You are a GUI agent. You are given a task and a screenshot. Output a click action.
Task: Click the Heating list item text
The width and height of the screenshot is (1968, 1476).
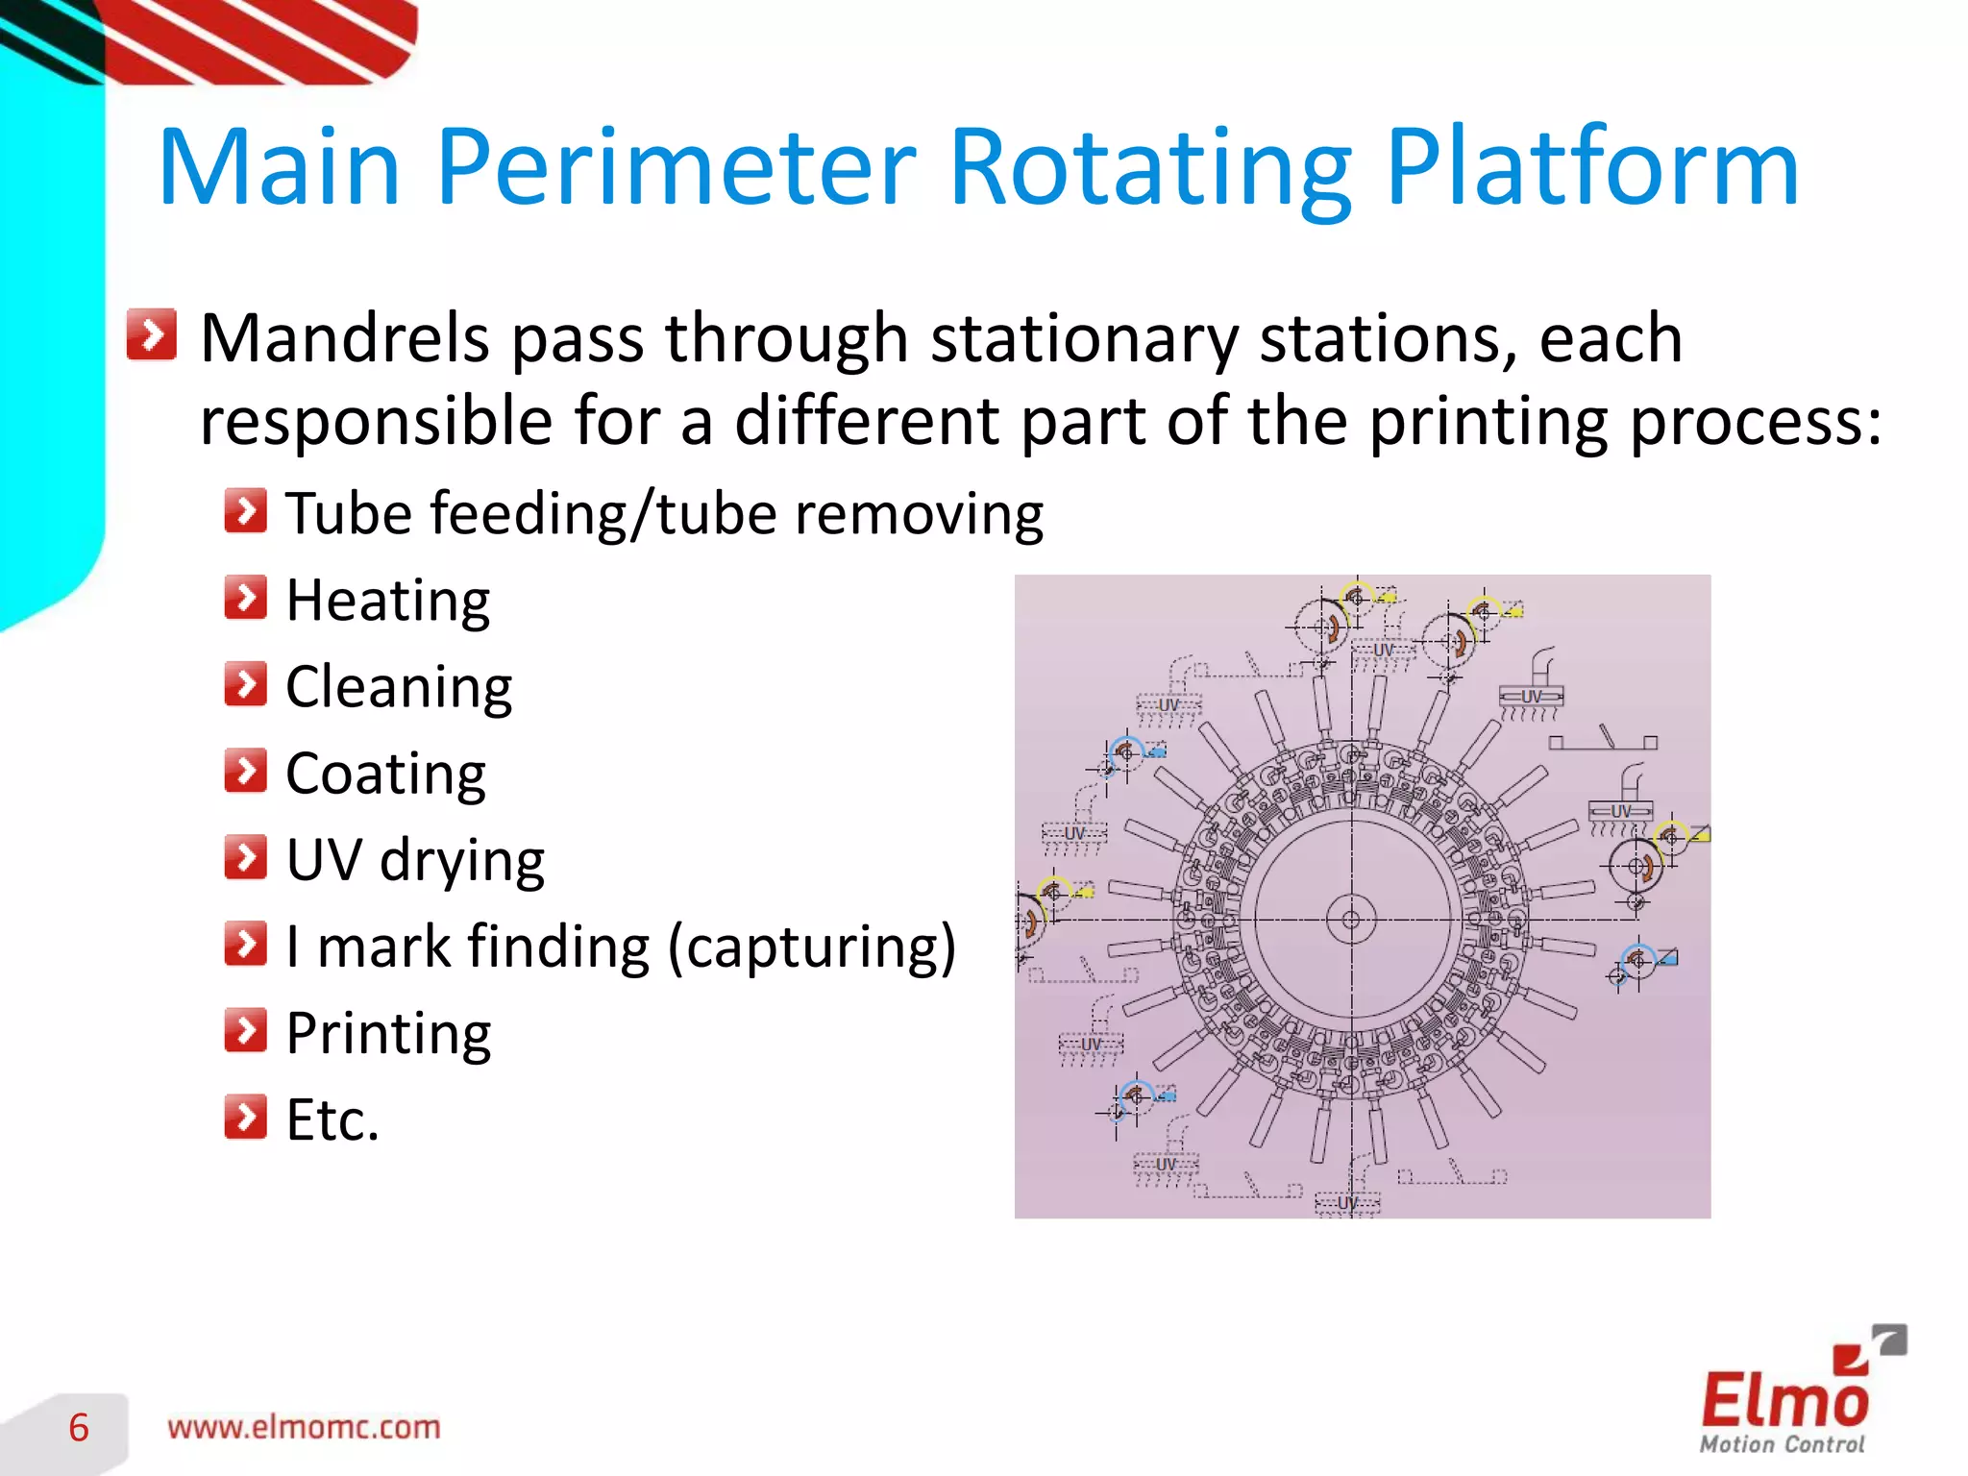[x=388, y=601]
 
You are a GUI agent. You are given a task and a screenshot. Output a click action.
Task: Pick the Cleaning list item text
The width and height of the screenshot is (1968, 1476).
[x=399, y=687]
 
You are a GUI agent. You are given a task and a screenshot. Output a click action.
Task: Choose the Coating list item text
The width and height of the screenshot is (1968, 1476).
[x=385, y=774]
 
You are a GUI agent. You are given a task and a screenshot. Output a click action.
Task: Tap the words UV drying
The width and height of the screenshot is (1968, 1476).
[x=415, y=860]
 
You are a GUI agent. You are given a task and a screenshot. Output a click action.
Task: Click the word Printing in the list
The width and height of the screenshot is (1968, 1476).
[x=388, y=1034]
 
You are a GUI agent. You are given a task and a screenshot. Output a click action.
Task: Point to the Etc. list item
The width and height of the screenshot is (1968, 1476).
[x=332, y=1120]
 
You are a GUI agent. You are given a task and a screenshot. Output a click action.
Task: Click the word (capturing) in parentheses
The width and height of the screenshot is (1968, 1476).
[x=812, y=947]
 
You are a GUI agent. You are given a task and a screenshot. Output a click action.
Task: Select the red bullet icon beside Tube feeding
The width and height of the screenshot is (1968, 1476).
[x=246, y=511]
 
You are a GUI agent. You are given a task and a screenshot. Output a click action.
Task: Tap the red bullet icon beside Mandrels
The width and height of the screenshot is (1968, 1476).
[x=152, y=334]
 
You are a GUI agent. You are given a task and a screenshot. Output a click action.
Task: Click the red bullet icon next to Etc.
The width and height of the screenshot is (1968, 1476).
[x=246, y=1117]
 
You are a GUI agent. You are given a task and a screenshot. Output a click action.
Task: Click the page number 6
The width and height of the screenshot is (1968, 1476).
[x=79, y=1428]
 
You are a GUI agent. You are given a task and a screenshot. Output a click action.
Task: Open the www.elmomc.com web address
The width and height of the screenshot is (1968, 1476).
[x=304, y=1428]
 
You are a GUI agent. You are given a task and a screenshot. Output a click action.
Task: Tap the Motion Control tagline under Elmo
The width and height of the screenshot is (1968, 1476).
[x=1782, y=1444]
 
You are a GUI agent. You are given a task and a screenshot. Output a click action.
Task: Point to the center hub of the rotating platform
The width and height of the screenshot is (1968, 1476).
[x=1351, y=920]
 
